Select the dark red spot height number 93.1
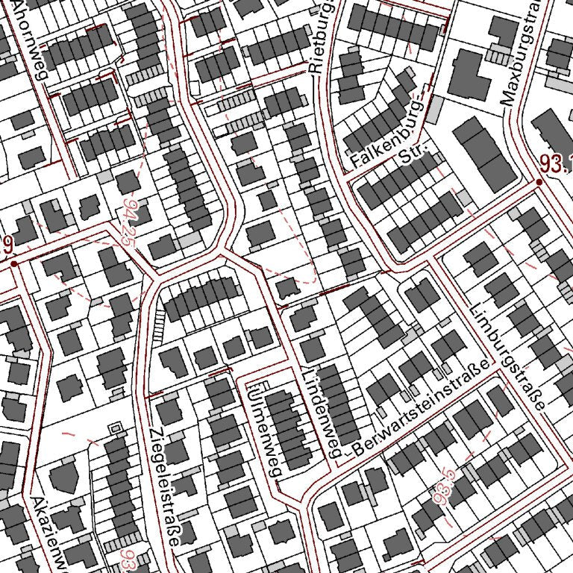click(557, 166)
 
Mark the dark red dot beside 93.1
click(539, 182)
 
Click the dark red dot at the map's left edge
click(14, 263)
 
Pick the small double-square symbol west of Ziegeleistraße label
click(114, 428)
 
